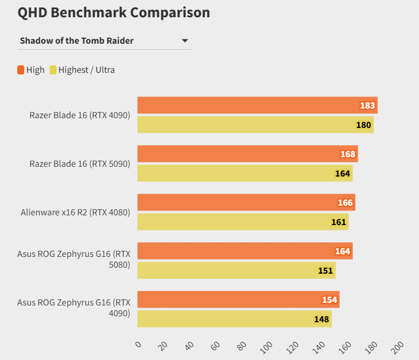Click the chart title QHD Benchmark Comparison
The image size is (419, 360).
(114, 12)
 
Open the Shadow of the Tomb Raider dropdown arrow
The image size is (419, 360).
(185, 40)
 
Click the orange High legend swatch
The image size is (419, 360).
(21, 70)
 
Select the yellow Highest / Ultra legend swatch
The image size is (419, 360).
(53, 70)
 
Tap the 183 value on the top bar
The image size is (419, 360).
(367, 105)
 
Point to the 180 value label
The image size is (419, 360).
(363, 125)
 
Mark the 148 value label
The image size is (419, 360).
(321, 319)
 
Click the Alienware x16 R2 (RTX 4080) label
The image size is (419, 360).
(75, 212)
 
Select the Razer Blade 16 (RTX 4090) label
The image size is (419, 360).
(80, 114)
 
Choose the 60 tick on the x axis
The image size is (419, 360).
(216, 345)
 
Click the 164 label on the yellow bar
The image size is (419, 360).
(342, 173)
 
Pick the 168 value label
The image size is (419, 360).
(348, 154)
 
